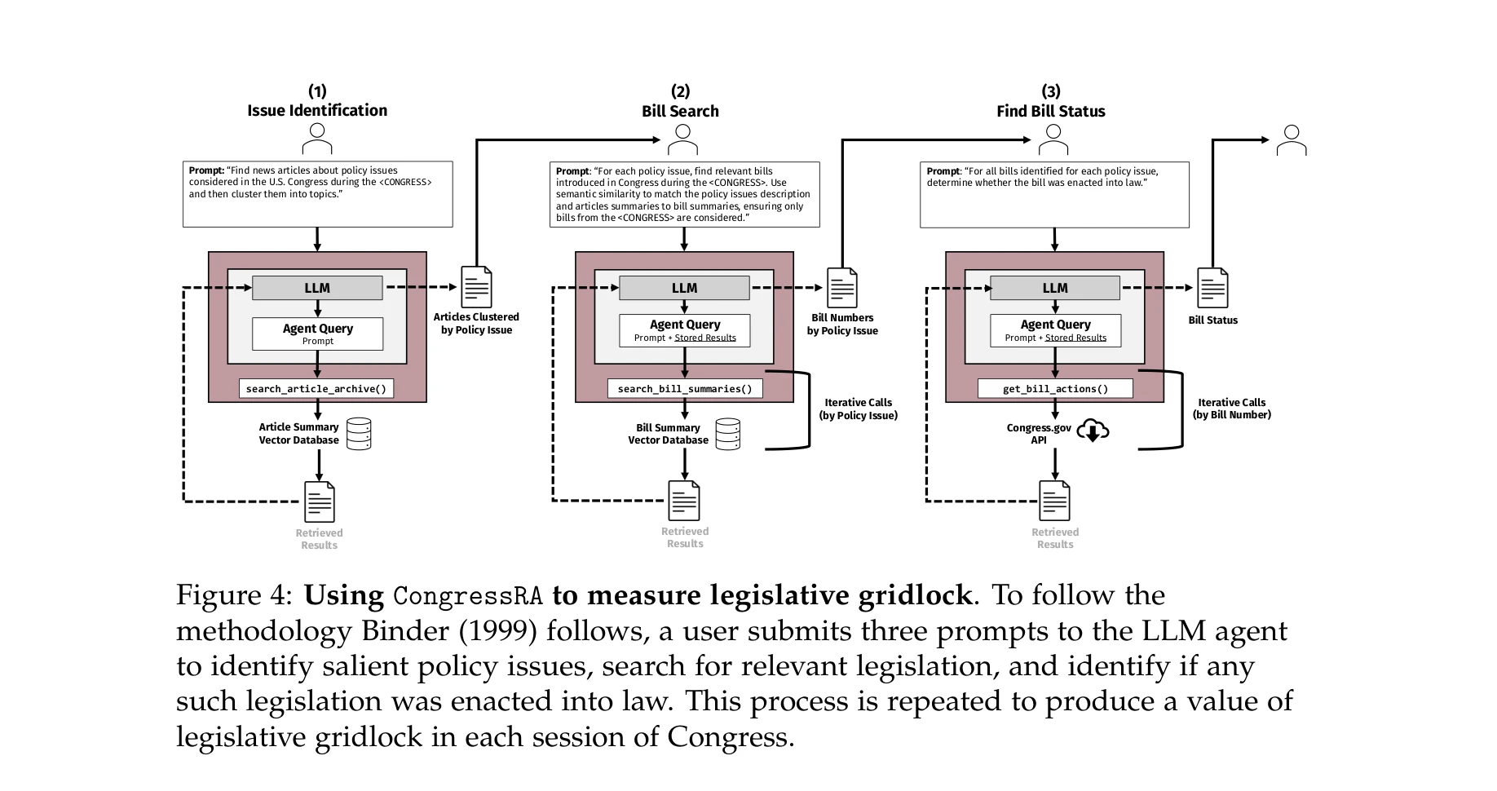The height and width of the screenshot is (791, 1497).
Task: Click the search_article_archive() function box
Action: [316, 389]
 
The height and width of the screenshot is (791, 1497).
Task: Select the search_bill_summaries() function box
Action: [685, 389]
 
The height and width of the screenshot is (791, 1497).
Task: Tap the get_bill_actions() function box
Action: [1055, 389]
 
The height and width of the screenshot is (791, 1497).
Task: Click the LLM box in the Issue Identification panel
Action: [317, 288]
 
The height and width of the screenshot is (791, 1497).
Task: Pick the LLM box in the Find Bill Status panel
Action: [1054, 288]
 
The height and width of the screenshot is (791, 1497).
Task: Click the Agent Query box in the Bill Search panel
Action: [684, 330]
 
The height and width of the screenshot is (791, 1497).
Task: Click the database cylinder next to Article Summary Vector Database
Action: [359, 434]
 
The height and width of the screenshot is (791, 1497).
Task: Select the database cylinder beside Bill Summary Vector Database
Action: [728, 435]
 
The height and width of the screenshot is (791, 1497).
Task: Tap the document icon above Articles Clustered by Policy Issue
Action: [476, 287]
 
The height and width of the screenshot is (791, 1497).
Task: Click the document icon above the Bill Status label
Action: [1212, 288]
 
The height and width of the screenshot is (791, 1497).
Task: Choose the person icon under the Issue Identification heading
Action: [317, 139]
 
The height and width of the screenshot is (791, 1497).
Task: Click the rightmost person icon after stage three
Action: [1292, 140]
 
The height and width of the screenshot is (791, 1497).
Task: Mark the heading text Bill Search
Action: [680, 111]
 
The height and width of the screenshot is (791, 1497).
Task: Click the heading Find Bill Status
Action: [1050, 111]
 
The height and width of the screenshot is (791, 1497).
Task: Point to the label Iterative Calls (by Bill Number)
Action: [1231, 409]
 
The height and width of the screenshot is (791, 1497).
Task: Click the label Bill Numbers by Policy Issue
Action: [842, 325]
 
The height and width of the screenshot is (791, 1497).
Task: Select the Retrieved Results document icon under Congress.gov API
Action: [1055, 501]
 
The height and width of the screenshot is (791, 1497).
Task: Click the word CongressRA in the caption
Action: [467, 596]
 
